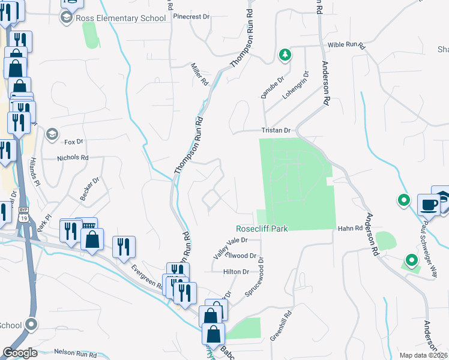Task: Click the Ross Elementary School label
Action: click(120, 18)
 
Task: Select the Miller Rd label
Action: click(199, 74)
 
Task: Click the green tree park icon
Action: click(285, 55)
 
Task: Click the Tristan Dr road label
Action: click(276, 130)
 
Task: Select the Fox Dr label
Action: click(73, 142)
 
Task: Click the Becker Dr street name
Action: click(89, 188)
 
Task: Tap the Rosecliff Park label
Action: click(262, 229)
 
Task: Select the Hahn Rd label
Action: click(350, 229)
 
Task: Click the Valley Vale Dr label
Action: click(231, 246)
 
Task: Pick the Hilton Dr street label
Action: click(236, 271)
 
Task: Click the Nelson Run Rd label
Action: click(75, 353)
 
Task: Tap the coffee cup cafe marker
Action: click(429, 205)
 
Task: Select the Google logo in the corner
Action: click(20, 352)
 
